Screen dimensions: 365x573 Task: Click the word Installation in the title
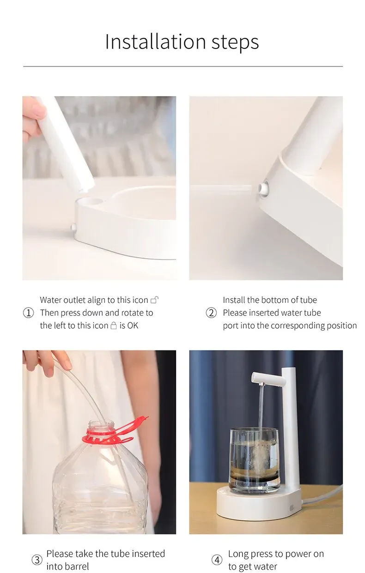[x=156, y=42]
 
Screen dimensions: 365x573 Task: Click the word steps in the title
[x=235, y=42]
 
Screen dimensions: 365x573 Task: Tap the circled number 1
[x=28, y=313]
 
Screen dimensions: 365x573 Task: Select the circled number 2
[x=211, y=313]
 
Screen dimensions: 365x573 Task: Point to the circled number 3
[x=37, y=560]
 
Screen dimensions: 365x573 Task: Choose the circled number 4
[x=217, y=560]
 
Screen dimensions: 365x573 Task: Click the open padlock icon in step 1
[x=155, y=300]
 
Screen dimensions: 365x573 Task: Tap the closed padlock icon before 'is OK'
[x=113, y=326]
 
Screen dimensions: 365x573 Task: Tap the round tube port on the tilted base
[x=264, y=188]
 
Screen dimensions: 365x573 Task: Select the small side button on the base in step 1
[x=73, y=227]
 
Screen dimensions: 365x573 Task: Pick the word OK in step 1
[x=133, y=326]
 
